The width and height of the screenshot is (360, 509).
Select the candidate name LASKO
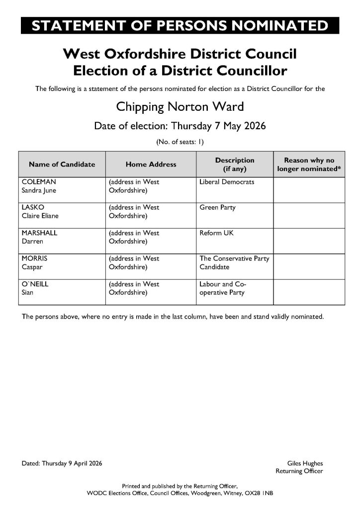31,207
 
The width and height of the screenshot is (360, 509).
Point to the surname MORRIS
34,258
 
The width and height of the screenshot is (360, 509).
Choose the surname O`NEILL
35,284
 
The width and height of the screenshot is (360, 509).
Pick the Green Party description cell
217,207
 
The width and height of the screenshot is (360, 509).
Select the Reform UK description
216,233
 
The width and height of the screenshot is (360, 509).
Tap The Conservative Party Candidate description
234,262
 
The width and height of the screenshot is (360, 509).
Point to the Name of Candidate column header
62,165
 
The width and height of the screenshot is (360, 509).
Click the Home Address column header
151,165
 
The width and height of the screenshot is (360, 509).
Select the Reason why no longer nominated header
309,165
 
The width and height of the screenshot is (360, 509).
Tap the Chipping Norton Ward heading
180,107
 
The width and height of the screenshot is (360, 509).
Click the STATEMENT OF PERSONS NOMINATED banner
180,25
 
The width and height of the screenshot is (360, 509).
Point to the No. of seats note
180,142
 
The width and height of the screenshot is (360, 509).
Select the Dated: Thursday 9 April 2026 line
62,463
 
